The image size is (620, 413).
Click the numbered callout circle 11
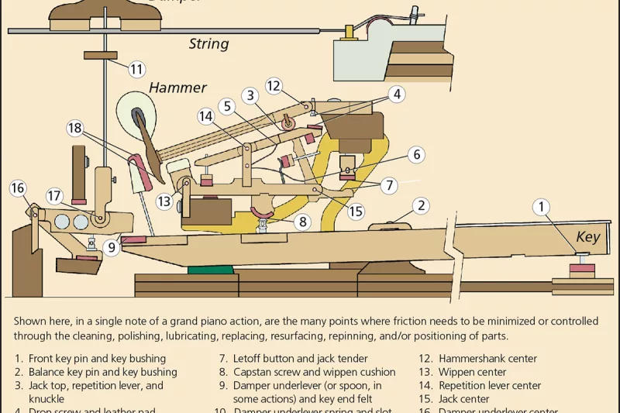tap(136, 70)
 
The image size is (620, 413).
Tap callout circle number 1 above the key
tap(542, 207)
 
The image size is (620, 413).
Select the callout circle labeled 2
tap(421, 205)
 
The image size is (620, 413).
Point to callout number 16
tap(18, 188)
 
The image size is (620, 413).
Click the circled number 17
tap(54, 196)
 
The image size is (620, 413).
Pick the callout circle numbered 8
tap(303, 222)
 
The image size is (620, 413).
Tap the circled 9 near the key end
tap(112, 248)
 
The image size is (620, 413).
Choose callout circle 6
tap(416, 155)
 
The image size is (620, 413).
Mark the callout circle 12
tap(273, 86)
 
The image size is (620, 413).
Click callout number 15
tap(356, 211)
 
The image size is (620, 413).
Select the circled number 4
tap(396, 95)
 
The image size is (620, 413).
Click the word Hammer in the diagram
tap(177, 88)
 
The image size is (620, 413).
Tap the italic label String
tap(208, 43)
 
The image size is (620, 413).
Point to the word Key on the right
tap(587, 237)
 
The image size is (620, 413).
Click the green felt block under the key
tap(210, 270)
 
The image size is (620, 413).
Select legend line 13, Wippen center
tap(463, 372)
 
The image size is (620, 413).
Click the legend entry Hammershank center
tap(487, 359)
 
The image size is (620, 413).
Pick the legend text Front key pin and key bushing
tap(97, 359)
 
